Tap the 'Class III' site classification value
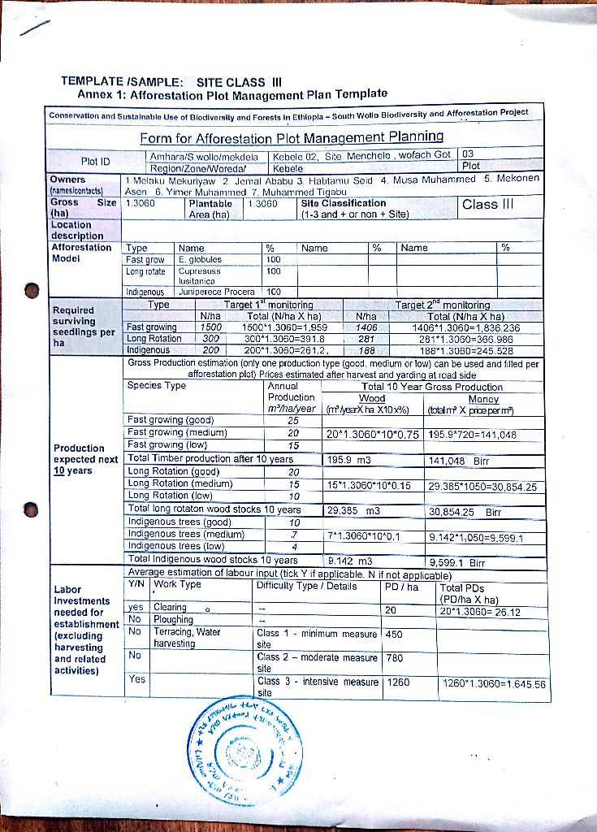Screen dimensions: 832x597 click(488, 204)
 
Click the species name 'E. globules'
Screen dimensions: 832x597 click(200, 260)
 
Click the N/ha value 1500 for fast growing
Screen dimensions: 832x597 click(210, 327)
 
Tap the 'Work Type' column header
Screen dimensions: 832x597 click(178, 583)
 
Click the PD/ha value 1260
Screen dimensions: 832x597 click(398, 682)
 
